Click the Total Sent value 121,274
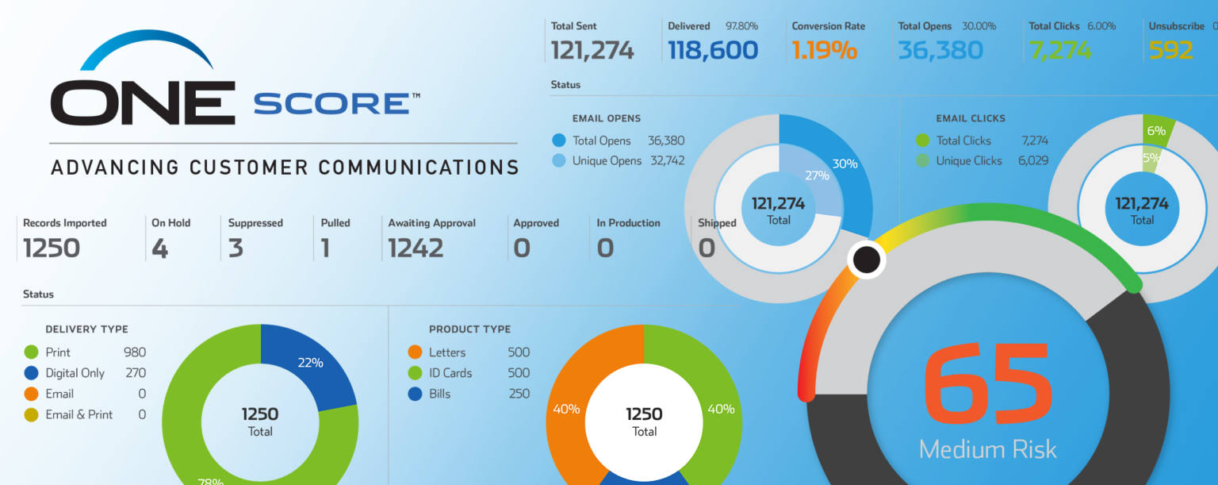(x=592, y=51)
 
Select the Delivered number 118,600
(x=712, y=51)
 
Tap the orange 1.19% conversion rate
(x=824, y=51)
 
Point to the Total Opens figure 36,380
(x=940, y=51)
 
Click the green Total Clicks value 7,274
(x=1059, y=51)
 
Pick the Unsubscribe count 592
(x=1170, y=51)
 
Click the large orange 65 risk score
(x=988, y=386)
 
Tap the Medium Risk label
(x=988, y=449)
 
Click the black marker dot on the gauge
(x=867, y=260)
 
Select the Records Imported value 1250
(x=52, y=248)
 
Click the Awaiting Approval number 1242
(x=416, y=248)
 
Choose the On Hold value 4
(x=159, y=248)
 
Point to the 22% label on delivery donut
(x=310, y=363)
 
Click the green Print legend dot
(x=32, y=352)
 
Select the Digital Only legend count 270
(x=136, y=373)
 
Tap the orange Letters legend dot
(x=415, y=352)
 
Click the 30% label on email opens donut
(x=845, y=164)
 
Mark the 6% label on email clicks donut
(x=1156, y=130)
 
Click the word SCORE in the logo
(x=331, y=104)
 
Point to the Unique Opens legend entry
(x=607, y=160)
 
